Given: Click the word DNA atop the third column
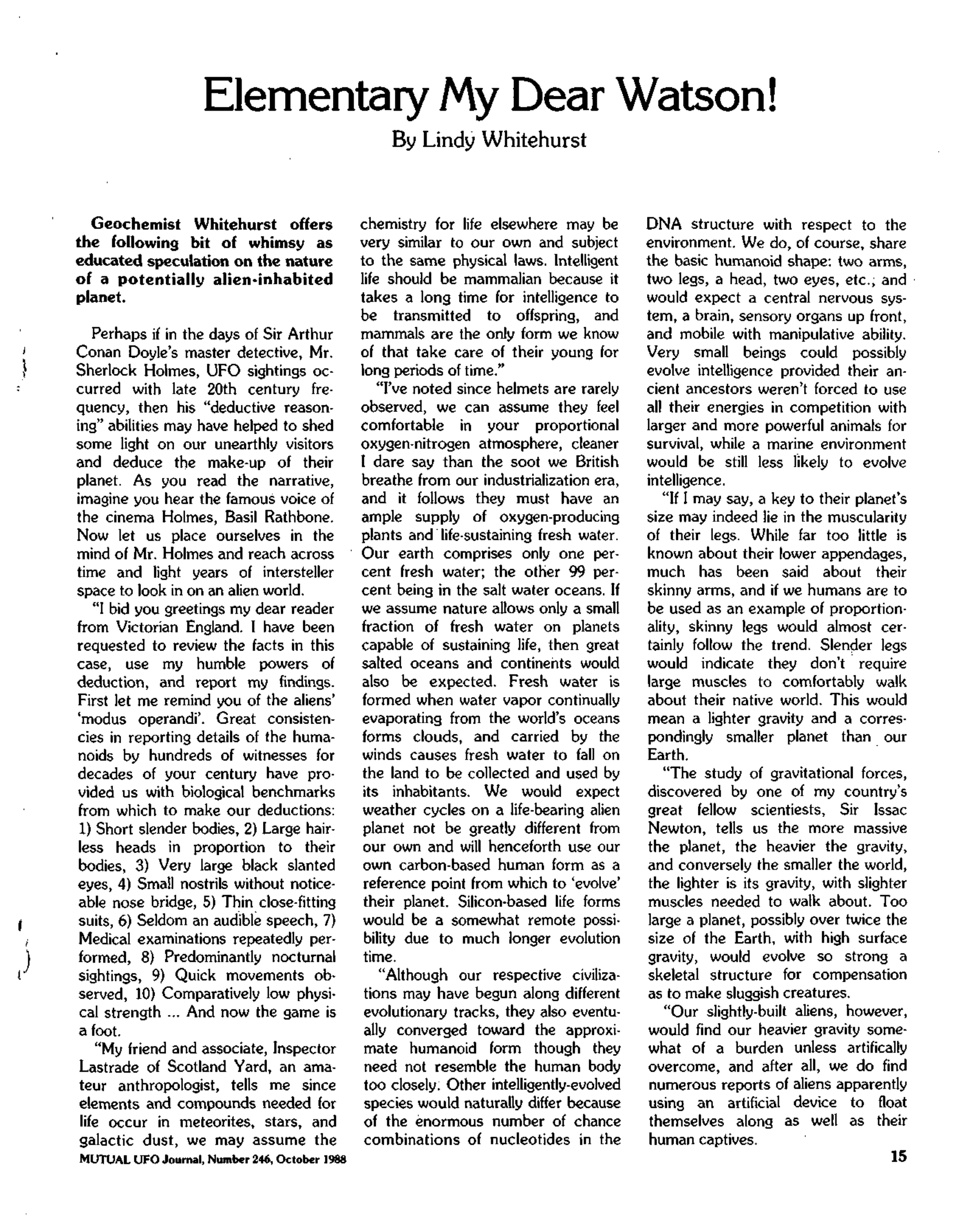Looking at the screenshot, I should pyautogui.click(x=663, y=224).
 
